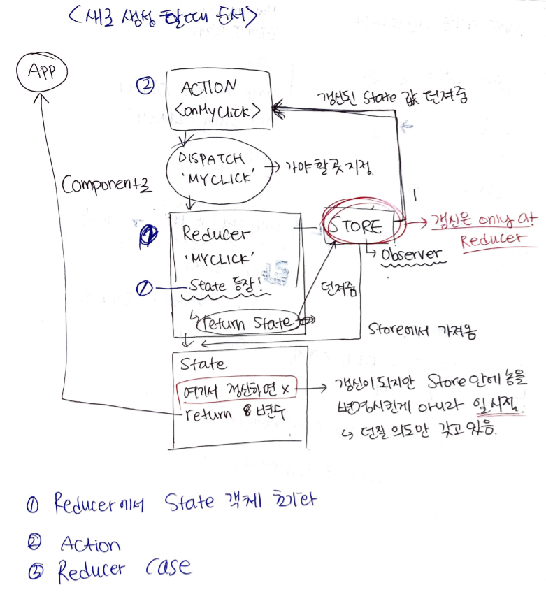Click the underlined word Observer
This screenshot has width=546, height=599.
412,254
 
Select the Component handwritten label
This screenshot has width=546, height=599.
105,185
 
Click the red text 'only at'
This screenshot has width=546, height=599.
505,220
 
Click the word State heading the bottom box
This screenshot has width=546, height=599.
203,364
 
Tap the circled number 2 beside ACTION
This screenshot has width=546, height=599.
145,87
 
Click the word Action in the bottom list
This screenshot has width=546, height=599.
89,544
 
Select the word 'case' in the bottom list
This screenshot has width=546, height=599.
168,567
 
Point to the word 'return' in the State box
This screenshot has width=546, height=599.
208,413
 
